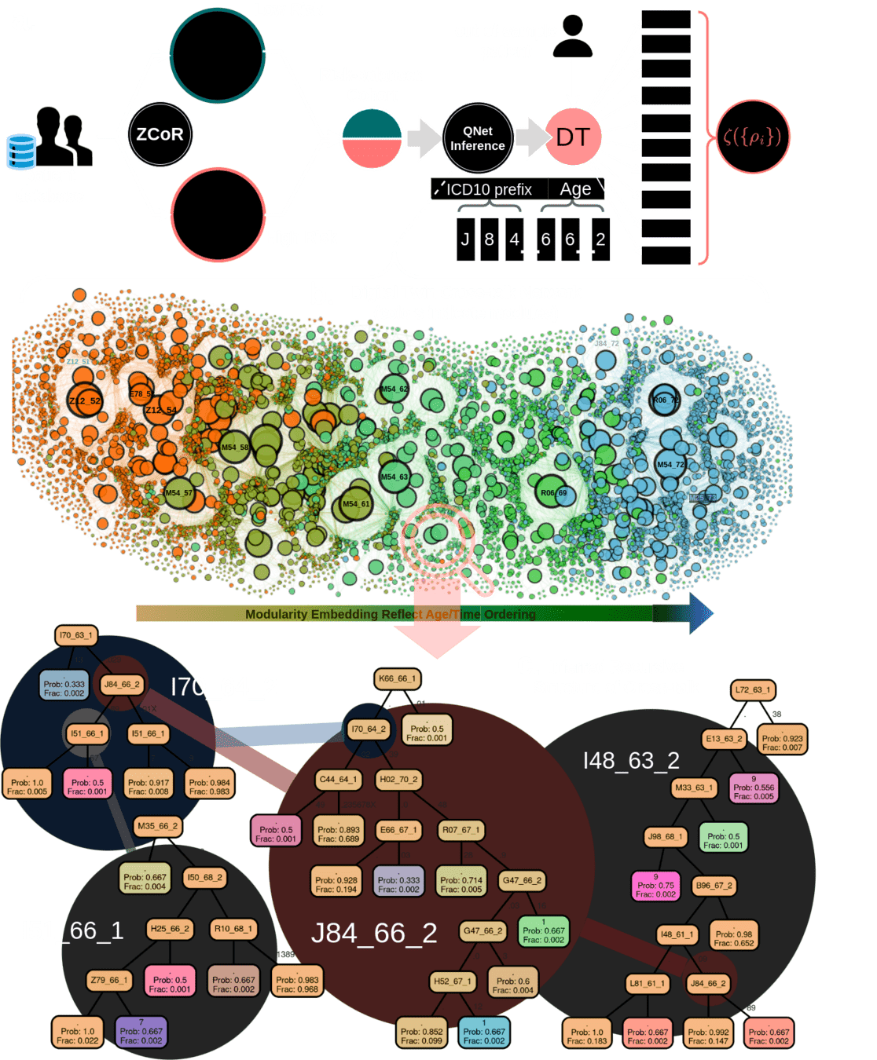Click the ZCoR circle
(160, 134)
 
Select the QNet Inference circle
(478, 138)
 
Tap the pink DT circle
(573, 137)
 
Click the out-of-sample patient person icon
(573, 38)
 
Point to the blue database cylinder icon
(20, 152)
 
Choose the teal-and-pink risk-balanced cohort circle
(372, 139)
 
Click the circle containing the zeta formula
(752, 137)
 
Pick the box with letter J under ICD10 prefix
(465, 239)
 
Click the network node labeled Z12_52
(84, 400)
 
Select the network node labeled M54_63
(394, 477)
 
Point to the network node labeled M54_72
(670, 464)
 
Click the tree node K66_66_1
(398, 678)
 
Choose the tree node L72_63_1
(753, 690)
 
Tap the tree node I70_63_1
(76, 635)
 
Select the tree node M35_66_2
(157, 826)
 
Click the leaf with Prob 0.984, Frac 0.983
(210, 787)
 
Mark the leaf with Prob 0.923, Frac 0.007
(782, 743)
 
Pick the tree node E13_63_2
(724, 738)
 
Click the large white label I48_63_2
(631, 760)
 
